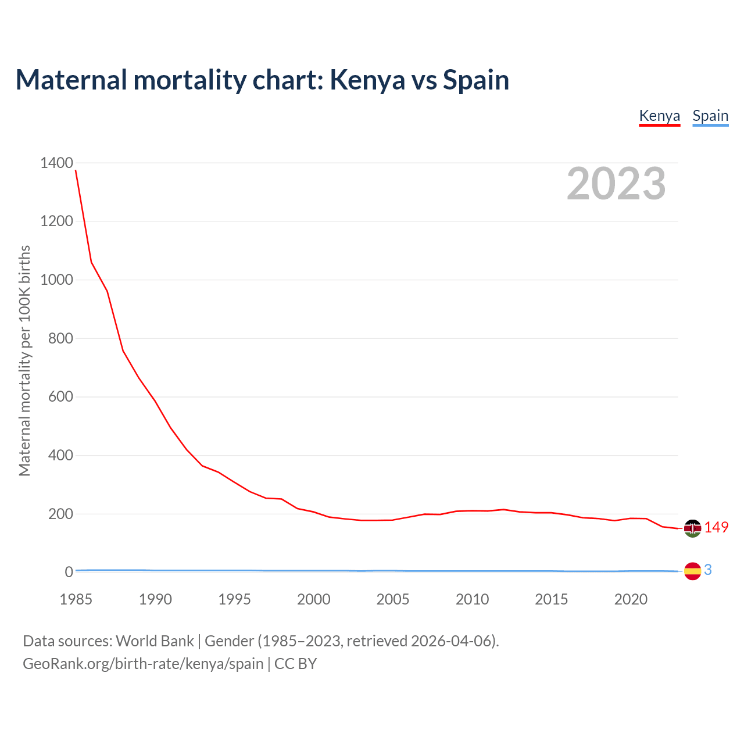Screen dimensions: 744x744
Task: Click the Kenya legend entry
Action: pyautogui.click(x=659, y=116)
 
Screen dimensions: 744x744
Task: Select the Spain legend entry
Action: pyautogui.click(x=710, y=116)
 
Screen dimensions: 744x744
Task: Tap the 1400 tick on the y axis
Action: pyautogui.click(x=56, y=163)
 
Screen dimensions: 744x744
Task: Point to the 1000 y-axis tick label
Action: pyautogui.click(x=56, y=280)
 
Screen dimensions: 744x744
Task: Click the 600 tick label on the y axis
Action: pyautogui.click(x=60, y=397)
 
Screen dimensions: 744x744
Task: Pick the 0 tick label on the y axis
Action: pyautogui.click(x=69, y=572)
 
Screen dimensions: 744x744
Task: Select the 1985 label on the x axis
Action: pyautogui.click(x=76, y=599)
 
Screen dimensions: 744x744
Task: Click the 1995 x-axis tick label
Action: pyautogui.click(x=234, y=599)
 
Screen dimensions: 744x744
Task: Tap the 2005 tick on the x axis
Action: pyautogui.click(x=393, y=599)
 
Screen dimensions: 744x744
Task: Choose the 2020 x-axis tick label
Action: pyautogui.click(x=631, y=599)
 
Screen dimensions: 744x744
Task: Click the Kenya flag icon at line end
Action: pyautogui.click(x=692, y=528)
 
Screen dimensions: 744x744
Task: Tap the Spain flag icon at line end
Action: pyautogui.click(x=692, y=571)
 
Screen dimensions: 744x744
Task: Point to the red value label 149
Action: pyautogui.click(x=716, y=527)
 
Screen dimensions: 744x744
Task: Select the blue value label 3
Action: pyautogui.click(x=707, y=570)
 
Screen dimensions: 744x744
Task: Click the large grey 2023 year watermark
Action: pyautogui.click(x=616, y=184)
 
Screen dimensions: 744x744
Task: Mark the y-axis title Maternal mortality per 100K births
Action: pyautogui.click(x=24, y=360)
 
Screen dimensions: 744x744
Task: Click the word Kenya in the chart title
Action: pyautogui.click(x=367, y=80)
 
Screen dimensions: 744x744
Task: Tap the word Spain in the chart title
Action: pyautogui.click(x=475, y=80)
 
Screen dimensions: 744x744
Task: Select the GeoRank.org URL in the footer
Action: pyautogui.click(x=143, y=663)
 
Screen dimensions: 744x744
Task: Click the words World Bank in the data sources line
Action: pyautogui.click(x=155, y=641)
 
